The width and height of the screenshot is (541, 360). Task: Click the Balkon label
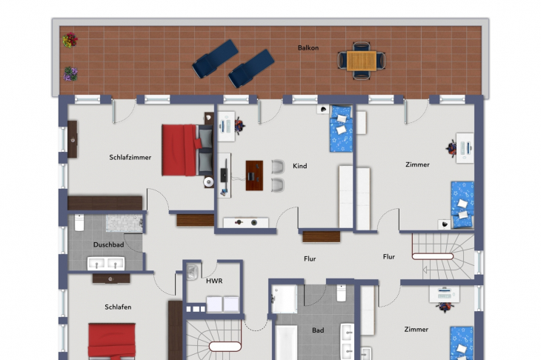pos(308,48)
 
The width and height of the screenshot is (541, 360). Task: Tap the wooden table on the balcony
pos(362,61)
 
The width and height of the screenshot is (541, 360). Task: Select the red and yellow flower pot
pos(70,40)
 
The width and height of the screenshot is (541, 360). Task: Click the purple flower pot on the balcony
pos(70,74)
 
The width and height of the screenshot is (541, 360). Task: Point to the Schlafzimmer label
pos(130,158)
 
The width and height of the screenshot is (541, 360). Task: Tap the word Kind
pos(300,166)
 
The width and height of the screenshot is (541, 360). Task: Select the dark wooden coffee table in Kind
pos(254,176)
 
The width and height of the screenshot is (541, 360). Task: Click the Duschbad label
pos(108,245)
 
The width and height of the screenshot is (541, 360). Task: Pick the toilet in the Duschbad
pos(79,222)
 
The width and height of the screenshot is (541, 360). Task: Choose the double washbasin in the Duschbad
pos(106,264)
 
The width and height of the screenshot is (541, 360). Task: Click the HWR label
pos(214,281)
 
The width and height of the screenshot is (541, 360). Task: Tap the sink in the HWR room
pos(192,271)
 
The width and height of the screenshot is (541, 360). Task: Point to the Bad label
pos(318,330)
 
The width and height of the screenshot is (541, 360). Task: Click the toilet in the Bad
pos(341,293)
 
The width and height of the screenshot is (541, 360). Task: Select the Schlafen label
pos(118,307)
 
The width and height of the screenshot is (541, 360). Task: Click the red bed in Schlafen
pos(112,341)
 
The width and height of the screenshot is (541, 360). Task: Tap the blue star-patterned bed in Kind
pos(341,129)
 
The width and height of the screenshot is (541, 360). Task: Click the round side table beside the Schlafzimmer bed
pos(208,181)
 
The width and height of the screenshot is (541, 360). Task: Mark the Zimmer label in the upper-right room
pos(417,165)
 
